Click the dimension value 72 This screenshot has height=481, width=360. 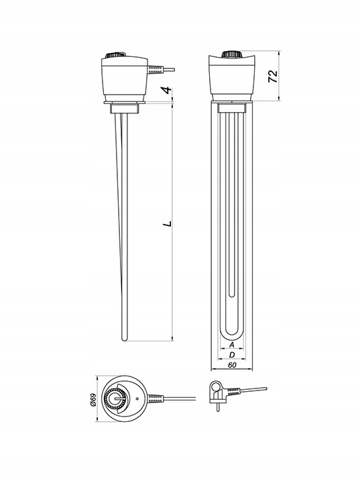(x=273, y=76)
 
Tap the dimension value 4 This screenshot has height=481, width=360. (x=167, y=90)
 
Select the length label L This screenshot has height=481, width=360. (x=168, y=224)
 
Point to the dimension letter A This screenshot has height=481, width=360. (x=232, y=345)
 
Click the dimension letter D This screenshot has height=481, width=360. (x=232, y=355)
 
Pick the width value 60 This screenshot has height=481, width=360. (x=232, y=365)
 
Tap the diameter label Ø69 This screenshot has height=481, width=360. (x=93, y=400)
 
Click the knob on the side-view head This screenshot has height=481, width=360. (x=115, y=56)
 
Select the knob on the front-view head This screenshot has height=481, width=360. (x=231, y=54)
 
